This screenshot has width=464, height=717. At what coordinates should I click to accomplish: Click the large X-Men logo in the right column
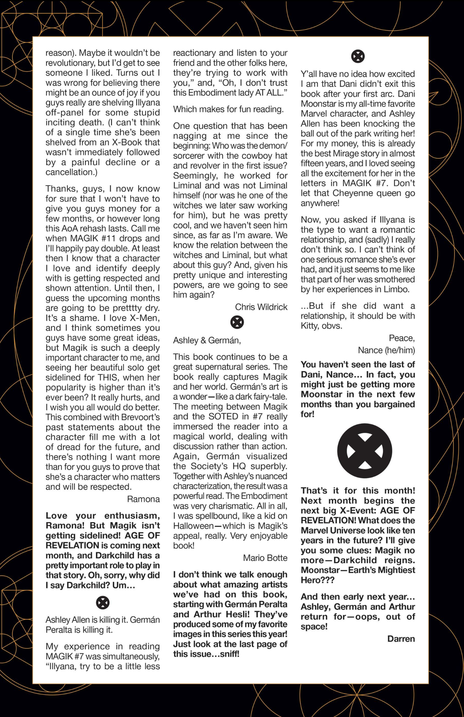[365, 451]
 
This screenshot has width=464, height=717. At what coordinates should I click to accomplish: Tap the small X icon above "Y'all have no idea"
[358, 56]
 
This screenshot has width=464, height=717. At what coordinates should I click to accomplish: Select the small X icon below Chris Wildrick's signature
[237, 322]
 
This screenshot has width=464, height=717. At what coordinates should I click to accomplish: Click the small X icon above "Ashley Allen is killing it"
[103, 603]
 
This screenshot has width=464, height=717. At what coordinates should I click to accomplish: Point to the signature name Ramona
[143, 499]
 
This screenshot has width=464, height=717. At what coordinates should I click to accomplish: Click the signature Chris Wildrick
[261, 307]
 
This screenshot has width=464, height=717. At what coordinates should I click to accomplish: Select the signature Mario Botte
[265, 558]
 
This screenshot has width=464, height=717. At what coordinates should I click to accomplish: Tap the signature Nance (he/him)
[386, 350]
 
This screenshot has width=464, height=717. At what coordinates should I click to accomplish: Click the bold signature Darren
[401, 639]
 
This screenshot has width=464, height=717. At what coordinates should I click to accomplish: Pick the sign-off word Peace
[401, 338]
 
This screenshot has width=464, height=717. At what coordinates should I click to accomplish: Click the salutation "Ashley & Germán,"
[207, 340]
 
